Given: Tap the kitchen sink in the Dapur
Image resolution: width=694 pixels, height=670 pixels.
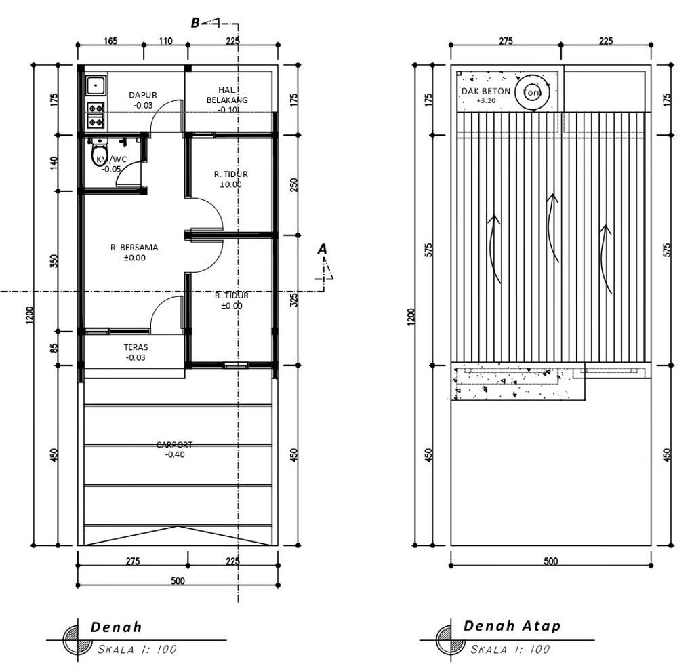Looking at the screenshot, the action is [x=96, y=85].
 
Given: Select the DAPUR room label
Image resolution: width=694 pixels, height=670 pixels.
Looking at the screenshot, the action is [x=143, y=95].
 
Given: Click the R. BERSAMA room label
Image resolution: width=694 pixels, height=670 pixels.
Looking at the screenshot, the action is [x=134, y=247].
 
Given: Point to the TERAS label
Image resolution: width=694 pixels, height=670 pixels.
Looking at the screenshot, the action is [x=136, y=347].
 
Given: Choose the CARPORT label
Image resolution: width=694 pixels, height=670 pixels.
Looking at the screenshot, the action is [x=174, y=444].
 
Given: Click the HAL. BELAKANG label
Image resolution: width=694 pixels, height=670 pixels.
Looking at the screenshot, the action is [x=227, y=95].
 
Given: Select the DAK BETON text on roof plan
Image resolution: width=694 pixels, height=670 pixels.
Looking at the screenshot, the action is [x=486, y=92].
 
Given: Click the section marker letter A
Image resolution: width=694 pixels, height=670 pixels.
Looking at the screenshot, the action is [x=322, y=250].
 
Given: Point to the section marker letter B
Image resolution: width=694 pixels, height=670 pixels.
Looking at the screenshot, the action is [x=195, y=23].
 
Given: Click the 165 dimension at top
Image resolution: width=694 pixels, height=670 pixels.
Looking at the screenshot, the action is [x=110, y=41].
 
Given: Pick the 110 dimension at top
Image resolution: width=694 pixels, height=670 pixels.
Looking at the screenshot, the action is [x=165, y=41].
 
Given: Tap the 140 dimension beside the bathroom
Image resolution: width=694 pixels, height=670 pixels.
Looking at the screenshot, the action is [x=54, y=163].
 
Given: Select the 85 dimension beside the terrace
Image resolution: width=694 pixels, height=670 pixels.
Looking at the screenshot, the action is [x=54, y=348].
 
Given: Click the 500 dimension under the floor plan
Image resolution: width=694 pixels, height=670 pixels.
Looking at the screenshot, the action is [x=178, y=580].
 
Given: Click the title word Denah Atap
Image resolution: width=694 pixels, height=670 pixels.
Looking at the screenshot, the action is [x=512, y=626].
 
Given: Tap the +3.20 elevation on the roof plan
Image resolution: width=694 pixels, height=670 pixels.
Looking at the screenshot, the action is [x=486, y=100].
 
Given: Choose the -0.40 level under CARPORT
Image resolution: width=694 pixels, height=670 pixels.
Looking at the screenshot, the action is [x=175, y=454].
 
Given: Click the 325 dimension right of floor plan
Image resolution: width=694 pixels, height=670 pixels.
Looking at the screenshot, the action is [x=294, y=300].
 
